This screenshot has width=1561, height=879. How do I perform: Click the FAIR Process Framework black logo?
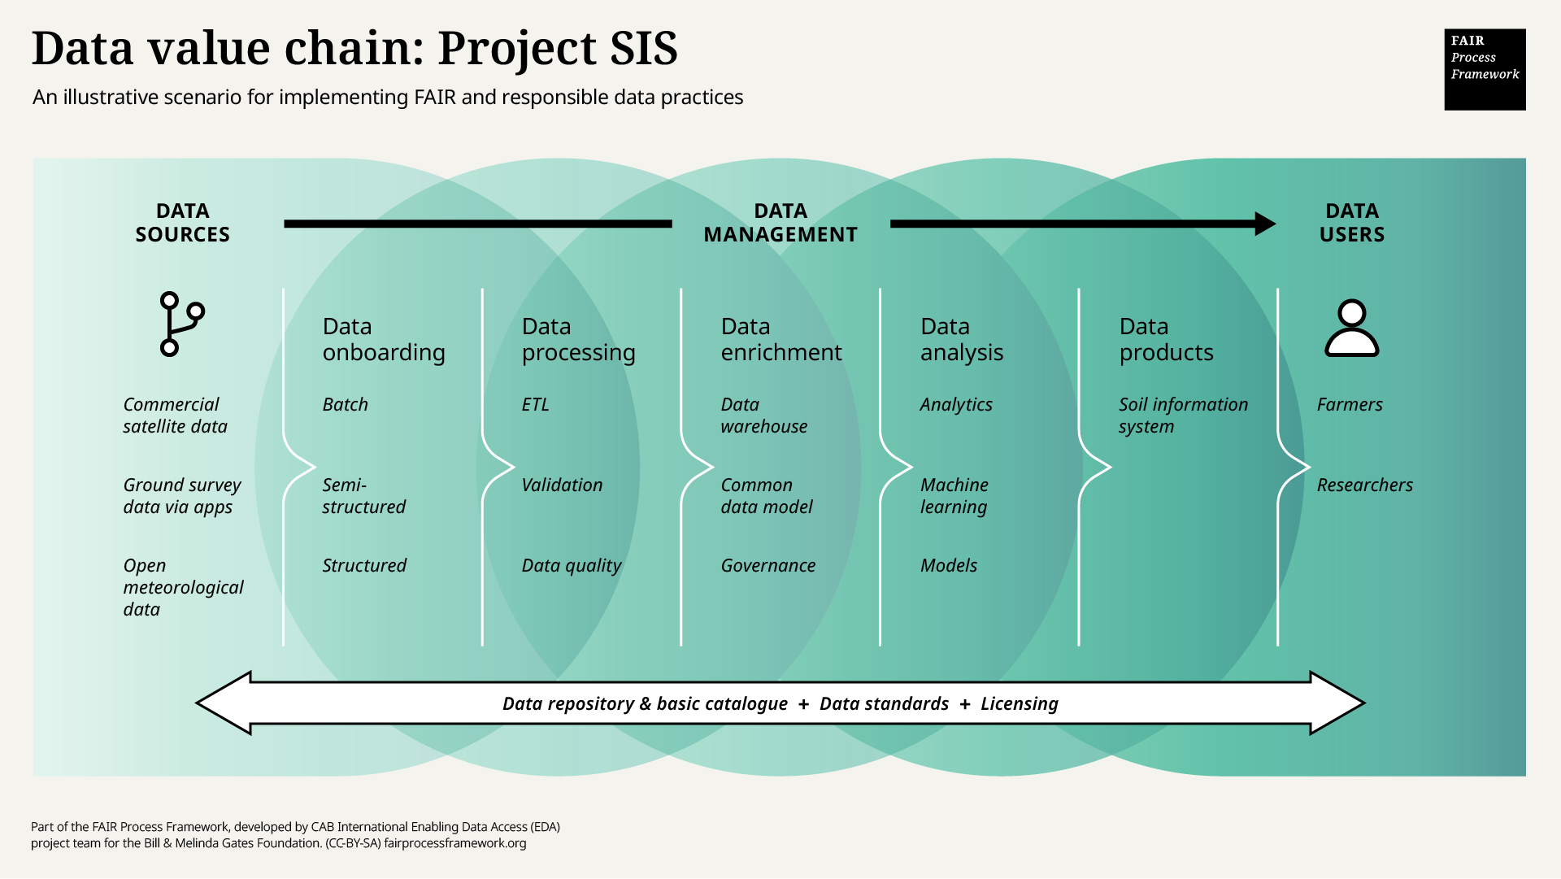click(1485, 69)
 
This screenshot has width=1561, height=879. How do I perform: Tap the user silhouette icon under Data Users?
click(1351, 329)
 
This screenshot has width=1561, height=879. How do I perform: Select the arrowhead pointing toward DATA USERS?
click(1264, 224)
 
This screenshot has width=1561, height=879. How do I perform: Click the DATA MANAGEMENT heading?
click(780, 223)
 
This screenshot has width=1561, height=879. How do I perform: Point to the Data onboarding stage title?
click(383, 339)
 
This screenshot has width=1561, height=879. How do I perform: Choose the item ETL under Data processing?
click(535, 404)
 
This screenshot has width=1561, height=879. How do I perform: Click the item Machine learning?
click(954, 495)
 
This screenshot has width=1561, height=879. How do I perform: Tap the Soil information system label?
click(1182, 415)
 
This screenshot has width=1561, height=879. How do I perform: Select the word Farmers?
click(1349, 404)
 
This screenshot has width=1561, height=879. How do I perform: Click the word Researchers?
click(1364, 485)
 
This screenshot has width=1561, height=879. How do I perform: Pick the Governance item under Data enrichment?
click(767, 565)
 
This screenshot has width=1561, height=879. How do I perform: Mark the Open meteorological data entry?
click(182, 587)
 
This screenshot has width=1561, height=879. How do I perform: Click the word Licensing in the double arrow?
click(1019, 703)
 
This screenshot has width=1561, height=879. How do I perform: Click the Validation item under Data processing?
click(562, 485)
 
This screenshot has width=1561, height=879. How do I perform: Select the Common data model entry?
click(766, 495)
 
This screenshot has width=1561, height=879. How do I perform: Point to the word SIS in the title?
click(643, 49)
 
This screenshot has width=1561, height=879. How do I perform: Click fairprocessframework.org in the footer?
click(454, 843)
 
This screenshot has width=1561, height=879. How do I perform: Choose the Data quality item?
click(571, 565)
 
